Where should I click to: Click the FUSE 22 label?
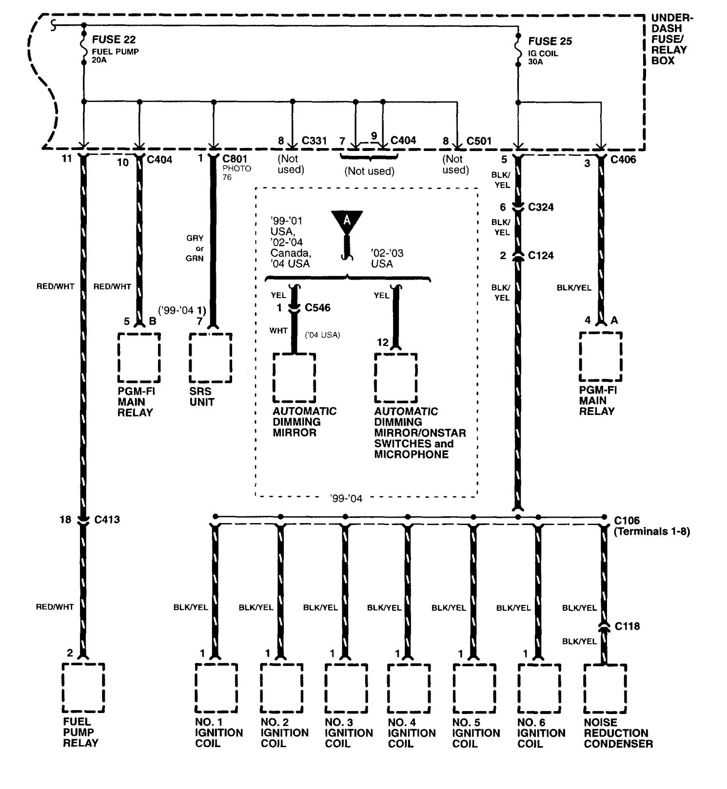click(x=114, y=39)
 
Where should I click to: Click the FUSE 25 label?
click(x=550, y=41)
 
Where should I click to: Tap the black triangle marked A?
click(x=347, y=220)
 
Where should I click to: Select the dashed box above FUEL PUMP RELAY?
click(x=83, y=687)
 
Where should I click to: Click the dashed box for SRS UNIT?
click(x=211, y=358)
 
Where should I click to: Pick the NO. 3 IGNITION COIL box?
click(x=346, y=688)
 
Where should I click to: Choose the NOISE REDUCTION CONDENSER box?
click(x=605, y=688)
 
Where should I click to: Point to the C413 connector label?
click(x=107, y=520)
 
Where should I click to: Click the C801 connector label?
click(x=235, y=159)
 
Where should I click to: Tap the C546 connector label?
click(x=317, y=308)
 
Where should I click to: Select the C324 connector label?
click(x=541, y=207)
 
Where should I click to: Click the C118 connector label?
click(x=627, y=626)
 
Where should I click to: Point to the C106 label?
click(x=627, y=521)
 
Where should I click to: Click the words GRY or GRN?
click(x=195, y=248)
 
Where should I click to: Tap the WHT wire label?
click(x=278, y=331)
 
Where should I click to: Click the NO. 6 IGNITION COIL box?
click(x=539, y=688)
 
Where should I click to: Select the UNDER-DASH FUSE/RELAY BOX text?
click(x=671, y=39)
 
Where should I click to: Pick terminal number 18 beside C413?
click(x=65, y=520)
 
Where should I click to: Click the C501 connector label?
click(x=479, y=141)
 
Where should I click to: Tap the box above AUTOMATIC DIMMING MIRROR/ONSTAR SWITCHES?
click(x=395, y=377)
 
